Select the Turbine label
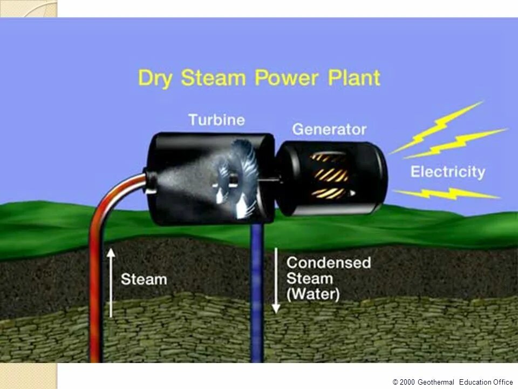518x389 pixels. click(216, 119)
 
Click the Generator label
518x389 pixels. click(329, 130)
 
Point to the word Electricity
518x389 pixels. click(447, 172)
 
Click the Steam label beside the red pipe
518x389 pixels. click(144, 279)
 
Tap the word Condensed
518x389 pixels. click(329, 263)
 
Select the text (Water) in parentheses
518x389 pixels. click(313, 295)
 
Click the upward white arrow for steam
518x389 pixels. click(111, 281)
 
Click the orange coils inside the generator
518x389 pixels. click(329, 175)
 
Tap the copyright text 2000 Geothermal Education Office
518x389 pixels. click(453, 382)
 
